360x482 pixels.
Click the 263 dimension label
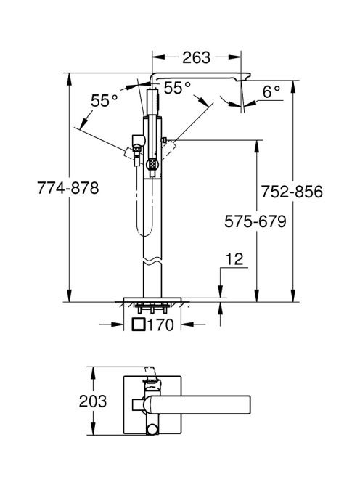pyautogui.click(x=196, y=57)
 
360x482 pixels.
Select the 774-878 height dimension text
pyautogui.click(x=68, y=187)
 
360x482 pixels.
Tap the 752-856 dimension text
pyautogui.click(x=292, y=192)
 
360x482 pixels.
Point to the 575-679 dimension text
pyautogui.click(x=255, y=221)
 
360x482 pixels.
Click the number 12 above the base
pyautogui.click(x=234, y=259)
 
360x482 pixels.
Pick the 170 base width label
pyautogui.click(x=160, y=325)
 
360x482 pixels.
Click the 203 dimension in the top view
pyautogui.click(x=93, y=401)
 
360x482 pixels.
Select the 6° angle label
pyautogui.click(x=271, y=92)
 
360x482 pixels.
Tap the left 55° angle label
pyautogui.click(x=105, y=100)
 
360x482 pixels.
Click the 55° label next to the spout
pyautogui.click(x=177, y=88)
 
